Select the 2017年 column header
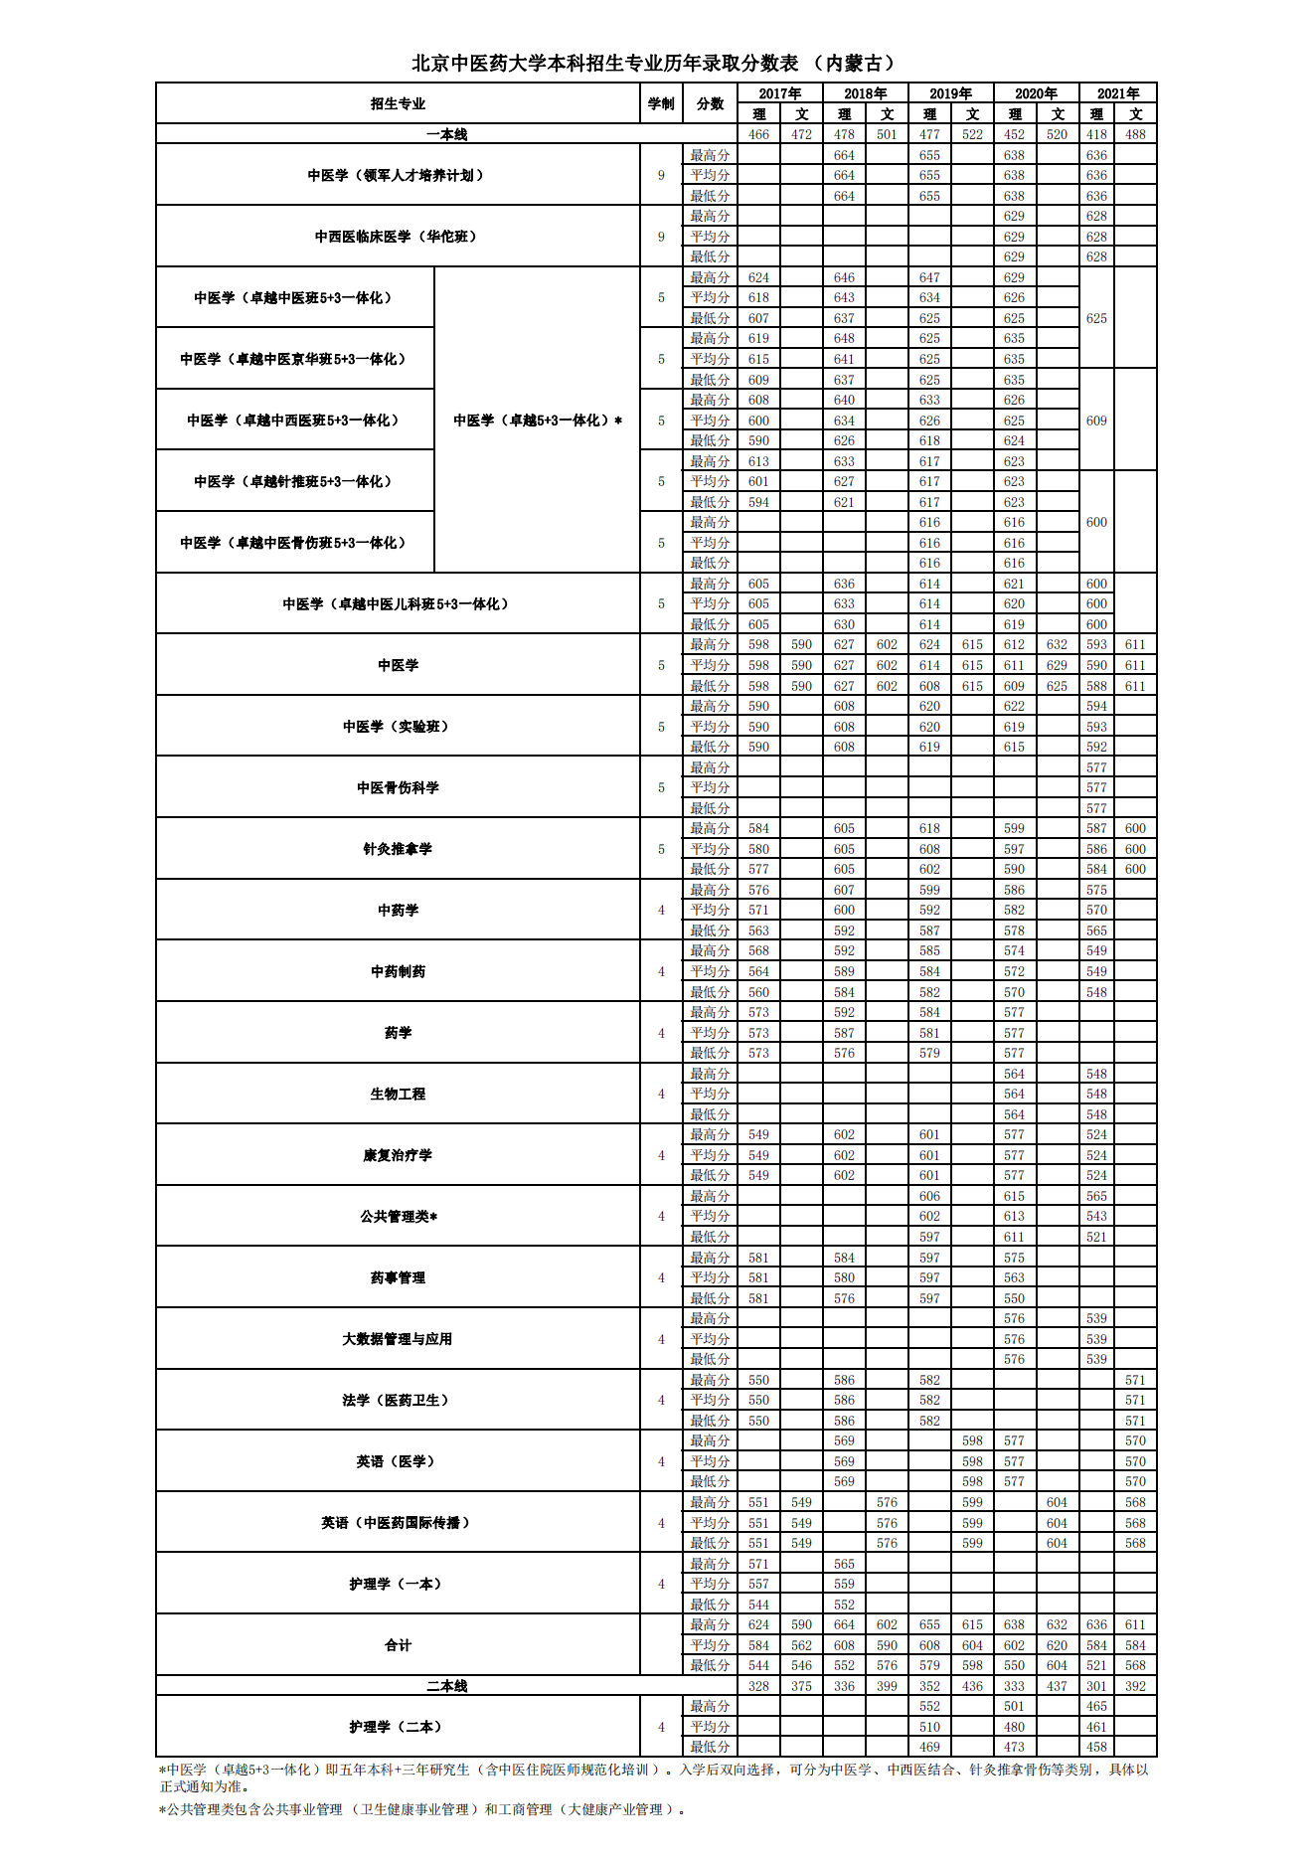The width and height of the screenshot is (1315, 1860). point(779,93)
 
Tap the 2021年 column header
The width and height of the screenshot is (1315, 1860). point(1117,93)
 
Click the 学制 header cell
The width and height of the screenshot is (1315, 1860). point(661,103)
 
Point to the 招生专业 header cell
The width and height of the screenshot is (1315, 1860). point(398,103)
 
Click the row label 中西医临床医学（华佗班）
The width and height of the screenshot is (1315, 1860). point(398,237)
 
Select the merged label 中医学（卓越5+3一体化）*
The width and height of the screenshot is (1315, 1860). point(538,421)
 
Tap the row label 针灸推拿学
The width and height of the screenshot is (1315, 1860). point(398,849)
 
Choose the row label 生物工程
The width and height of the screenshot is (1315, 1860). point(398,1094)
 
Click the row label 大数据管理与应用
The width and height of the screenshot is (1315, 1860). point(398,1339)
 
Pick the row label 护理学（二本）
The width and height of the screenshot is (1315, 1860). point(398,1727)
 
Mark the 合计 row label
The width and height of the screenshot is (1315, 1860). point(398,1645)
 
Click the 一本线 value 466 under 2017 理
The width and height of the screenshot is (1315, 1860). point(758,134)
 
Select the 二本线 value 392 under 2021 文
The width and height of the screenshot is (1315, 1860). point(1135,1686)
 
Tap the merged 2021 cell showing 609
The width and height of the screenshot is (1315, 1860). point(1096,421)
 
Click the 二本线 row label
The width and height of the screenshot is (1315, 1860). point(446,1686)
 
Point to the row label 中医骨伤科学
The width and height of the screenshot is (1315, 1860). point(398,787)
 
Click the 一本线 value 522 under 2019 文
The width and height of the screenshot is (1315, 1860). point(972,134)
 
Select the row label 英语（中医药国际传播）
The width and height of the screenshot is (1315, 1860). point(398,1523)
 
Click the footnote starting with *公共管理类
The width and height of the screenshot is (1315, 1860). point(422,1809)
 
